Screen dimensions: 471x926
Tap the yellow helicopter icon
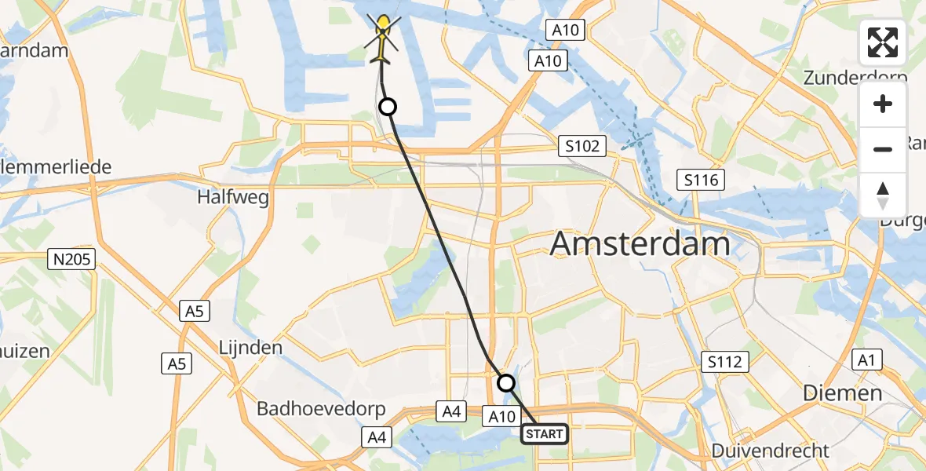click(x=383, y=39)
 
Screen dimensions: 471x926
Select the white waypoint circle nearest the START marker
click(x=506, y=383)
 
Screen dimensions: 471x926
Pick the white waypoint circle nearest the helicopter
click(x=387, y=107)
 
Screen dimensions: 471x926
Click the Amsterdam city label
click(x=640, y=243)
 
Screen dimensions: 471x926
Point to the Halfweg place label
click(x=235, y=197)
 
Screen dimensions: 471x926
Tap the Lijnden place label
click(x=252, y=346)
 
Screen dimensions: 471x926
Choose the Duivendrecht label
click(x=770, y=451)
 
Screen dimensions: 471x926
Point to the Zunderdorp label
click(x=855, y=78)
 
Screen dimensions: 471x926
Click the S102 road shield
click(x=581, y=146)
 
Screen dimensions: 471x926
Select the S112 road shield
click(x=725, y=362)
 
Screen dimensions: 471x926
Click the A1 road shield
click(x=866, y=360)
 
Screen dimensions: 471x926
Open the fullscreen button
click(x=883, y=42)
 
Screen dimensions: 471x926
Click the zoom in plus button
click(x=883, y=104)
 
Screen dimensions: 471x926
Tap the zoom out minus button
click(x=883, y=149)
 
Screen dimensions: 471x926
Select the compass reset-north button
click(x=883, y=195)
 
